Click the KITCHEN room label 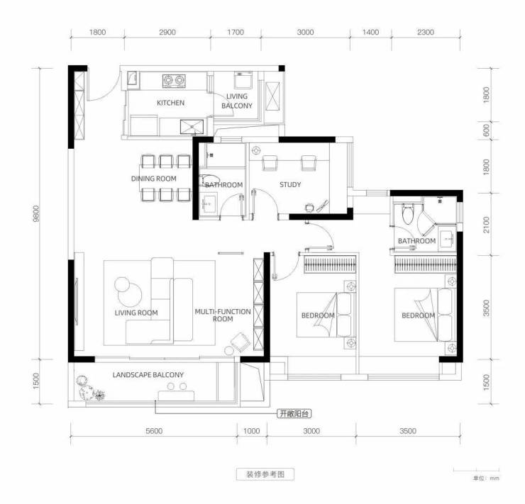click(170, 103)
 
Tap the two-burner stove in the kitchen click(174, 81)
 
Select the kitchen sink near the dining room click(192, 127)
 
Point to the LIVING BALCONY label click(237, 101)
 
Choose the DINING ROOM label click(154, 179)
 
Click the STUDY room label click(290, 184)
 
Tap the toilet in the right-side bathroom click(408, 214)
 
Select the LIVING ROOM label click(136, 313)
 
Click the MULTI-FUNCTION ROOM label click(223, 315)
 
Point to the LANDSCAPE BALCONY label click(148, 375)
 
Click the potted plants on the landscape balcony click(89, 388)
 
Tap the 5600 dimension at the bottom click(154, 431)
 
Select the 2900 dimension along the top click(167, 32)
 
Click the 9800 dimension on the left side click(36, 213)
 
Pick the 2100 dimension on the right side click(487, 225)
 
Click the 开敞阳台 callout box click(294, 414)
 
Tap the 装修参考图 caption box click(265, 474)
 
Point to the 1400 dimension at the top click(370, 32)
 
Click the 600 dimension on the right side click(487, 130)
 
